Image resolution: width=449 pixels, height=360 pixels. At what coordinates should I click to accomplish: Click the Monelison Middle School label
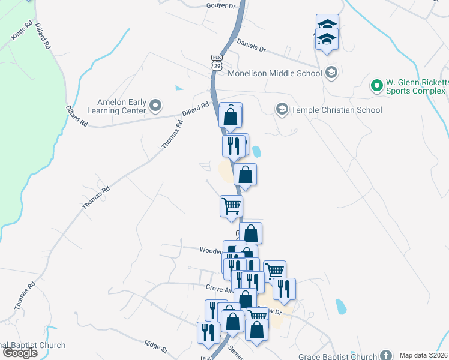[275, 74]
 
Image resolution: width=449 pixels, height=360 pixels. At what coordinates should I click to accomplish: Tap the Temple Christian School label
[336, 110]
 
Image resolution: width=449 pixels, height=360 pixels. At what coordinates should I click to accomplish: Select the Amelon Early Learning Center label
[122, 106]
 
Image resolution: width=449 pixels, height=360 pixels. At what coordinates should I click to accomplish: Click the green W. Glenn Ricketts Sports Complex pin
[377, 86]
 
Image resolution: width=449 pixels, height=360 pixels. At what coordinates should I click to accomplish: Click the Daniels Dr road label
[251, 46]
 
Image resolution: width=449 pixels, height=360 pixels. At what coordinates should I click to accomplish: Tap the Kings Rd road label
[21, 32]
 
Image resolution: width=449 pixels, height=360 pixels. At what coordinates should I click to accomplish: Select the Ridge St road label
[155, 346]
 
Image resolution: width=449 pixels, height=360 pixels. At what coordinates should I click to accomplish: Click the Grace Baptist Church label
[338, 356]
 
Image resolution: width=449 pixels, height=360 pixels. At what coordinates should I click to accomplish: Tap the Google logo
[20, 353]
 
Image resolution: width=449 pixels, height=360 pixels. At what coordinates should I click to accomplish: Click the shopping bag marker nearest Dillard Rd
[231, 116]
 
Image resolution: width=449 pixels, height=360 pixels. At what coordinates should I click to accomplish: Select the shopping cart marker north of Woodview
[231, 206]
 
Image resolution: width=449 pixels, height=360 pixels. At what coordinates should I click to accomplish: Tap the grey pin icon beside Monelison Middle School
[331, 74]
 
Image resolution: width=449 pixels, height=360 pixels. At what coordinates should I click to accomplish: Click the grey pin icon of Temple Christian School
[282, 110]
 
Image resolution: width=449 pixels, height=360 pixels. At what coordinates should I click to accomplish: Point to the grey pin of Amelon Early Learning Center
[155, 106]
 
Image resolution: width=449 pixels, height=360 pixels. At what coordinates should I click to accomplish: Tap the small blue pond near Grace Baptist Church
[341, 307]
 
